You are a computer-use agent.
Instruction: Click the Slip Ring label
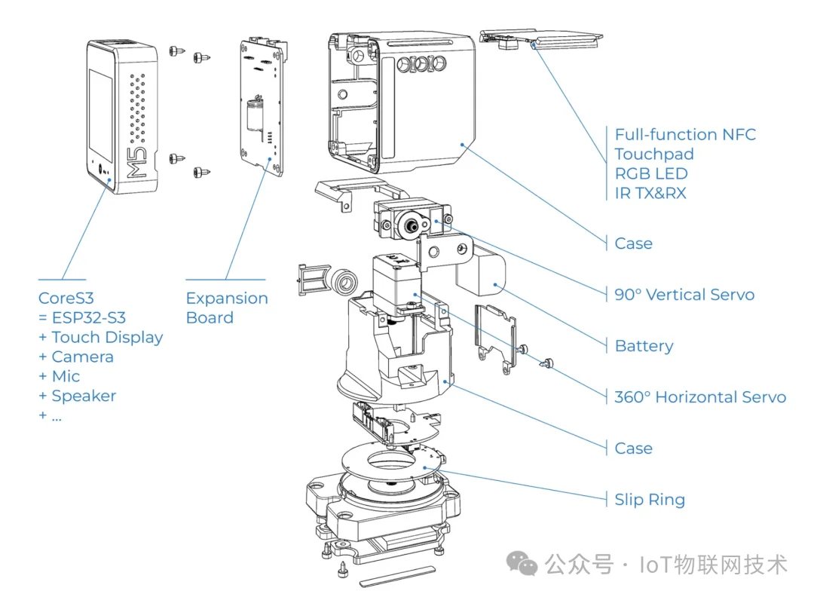click(x=649, y=500)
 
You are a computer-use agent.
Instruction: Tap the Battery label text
click(x=644, y=346)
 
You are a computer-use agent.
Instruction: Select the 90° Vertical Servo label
click(x=684, y=295)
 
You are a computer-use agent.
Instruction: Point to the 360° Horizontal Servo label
click(x=699, y=397)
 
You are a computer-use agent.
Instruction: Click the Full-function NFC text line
click(x=684, y=135)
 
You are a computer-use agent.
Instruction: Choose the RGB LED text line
click(x=650, y=174)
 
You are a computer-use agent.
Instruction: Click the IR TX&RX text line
click(x=650, y=193)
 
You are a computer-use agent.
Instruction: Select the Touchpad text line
click(x=653, y=155)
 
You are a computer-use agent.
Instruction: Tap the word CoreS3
click(x=66, y=298)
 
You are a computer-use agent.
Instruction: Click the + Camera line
click(x=76, y=357)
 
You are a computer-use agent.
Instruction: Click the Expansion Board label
click(x=226, y=308)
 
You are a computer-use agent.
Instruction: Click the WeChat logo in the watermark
click(x=522, y=563)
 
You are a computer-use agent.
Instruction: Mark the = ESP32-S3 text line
click(x=82, y=318)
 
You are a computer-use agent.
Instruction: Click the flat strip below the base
click(x=396, y=575)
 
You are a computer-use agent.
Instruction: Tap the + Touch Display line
click(x=101, y=338)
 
